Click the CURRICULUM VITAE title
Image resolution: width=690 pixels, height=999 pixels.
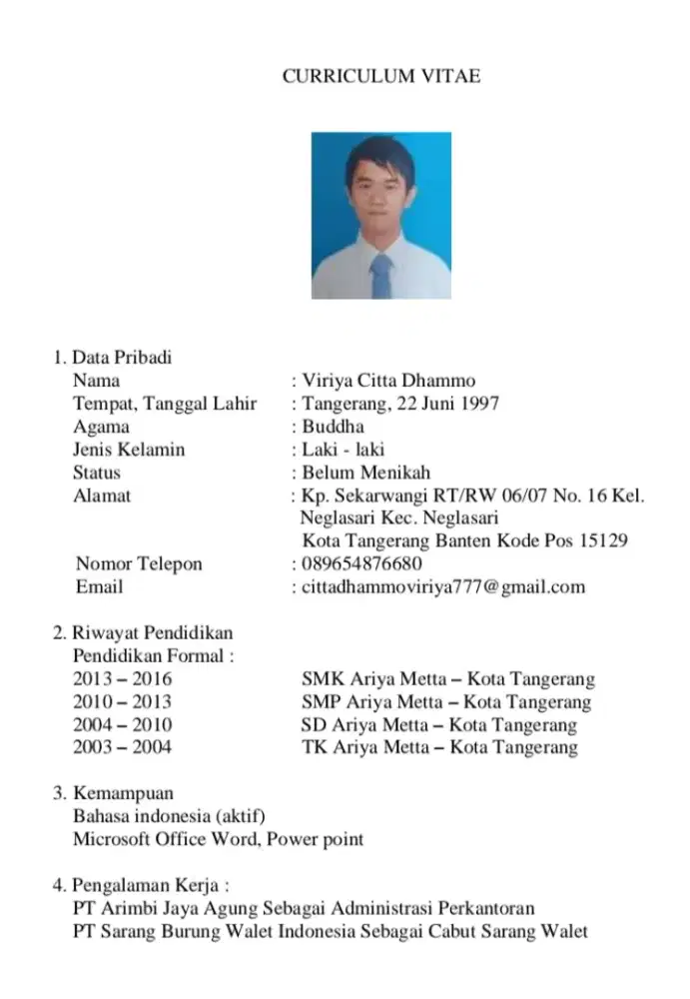380,76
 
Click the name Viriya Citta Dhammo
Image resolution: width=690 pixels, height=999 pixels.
388,381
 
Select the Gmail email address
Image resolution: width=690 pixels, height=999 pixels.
443,586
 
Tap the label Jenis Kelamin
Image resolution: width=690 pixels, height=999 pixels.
129,450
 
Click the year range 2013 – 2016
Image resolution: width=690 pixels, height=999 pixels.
122,680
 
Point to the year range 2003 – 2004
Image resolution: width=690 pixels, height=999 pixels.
122,747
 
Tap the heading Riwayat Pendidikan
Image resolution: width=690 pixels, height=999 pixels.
150,633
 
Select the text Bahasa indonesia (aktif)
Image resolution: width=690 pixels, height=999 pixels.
169,816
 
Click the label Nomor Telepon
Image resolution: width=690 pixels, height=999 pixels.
139,563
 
